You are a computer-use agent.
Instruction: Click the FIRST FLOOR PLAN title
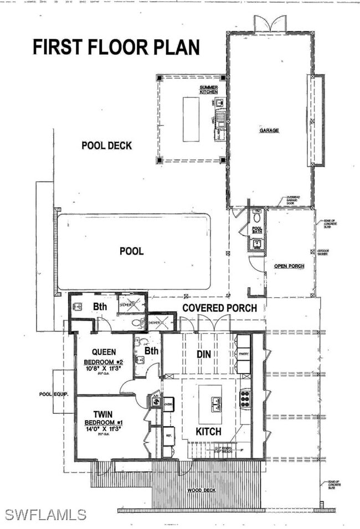[116, 48]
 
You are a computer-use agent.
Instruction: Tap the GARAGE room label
[270, 131]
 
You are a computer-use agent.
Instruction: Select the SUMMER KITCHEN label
[209, 89]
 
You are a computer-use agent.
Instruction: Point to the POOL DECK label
[107, 146]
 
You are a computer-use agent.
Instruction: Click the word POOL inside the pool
[131, 251]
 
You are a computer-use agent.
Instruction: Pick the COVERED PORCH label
[220, 308]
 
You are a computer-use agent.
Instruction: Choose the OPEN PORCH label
[289, 266]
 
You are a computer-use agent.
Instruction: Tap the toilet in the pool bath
[256, 215]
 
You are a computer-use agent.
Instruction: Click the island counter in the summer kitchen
[191, 119]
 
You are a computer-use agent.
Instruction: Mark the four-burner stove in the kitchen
[245, 398]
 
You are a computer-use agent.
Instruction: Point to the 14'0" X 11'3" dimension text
[104, 428]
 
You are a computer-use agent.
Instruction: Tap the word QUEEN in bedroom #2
[104, 352]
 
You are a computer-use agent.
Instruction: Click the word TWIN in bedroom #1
[103, 414]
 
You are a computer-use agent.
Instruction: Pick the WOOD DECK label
[201, 490]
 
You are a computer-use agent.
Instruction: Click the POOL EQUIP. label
[53, 395]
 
